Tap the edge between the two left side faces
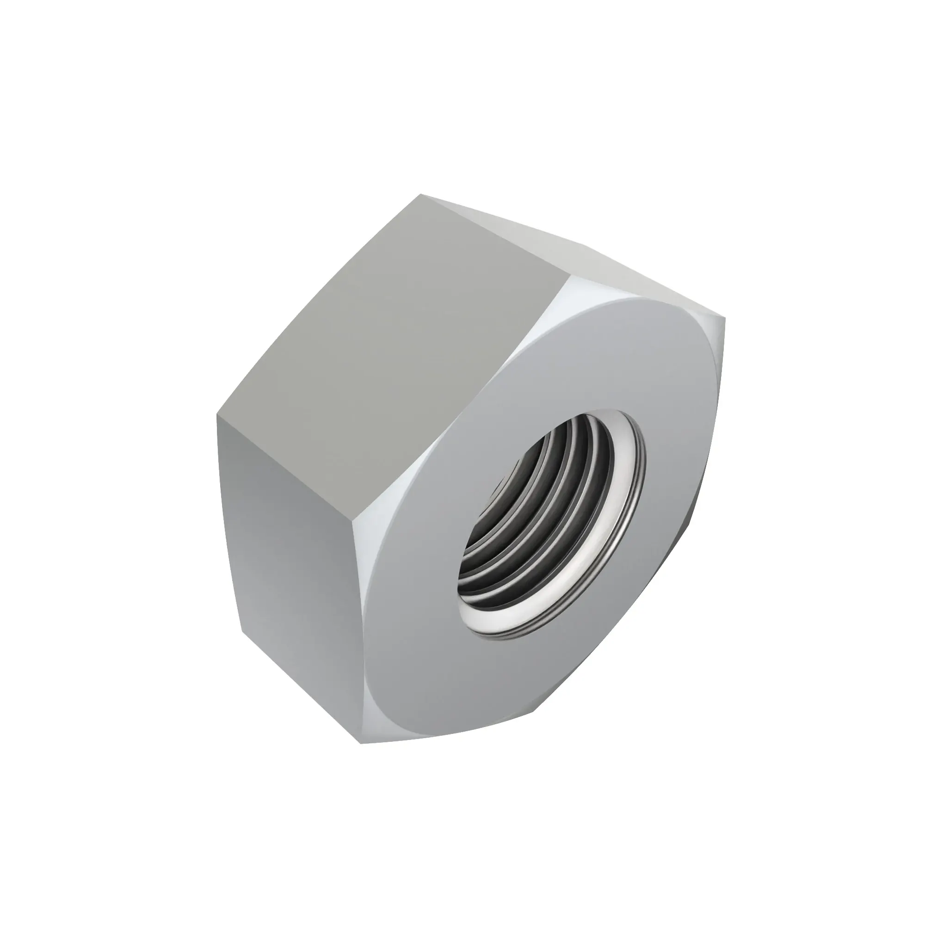[287, 474]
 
